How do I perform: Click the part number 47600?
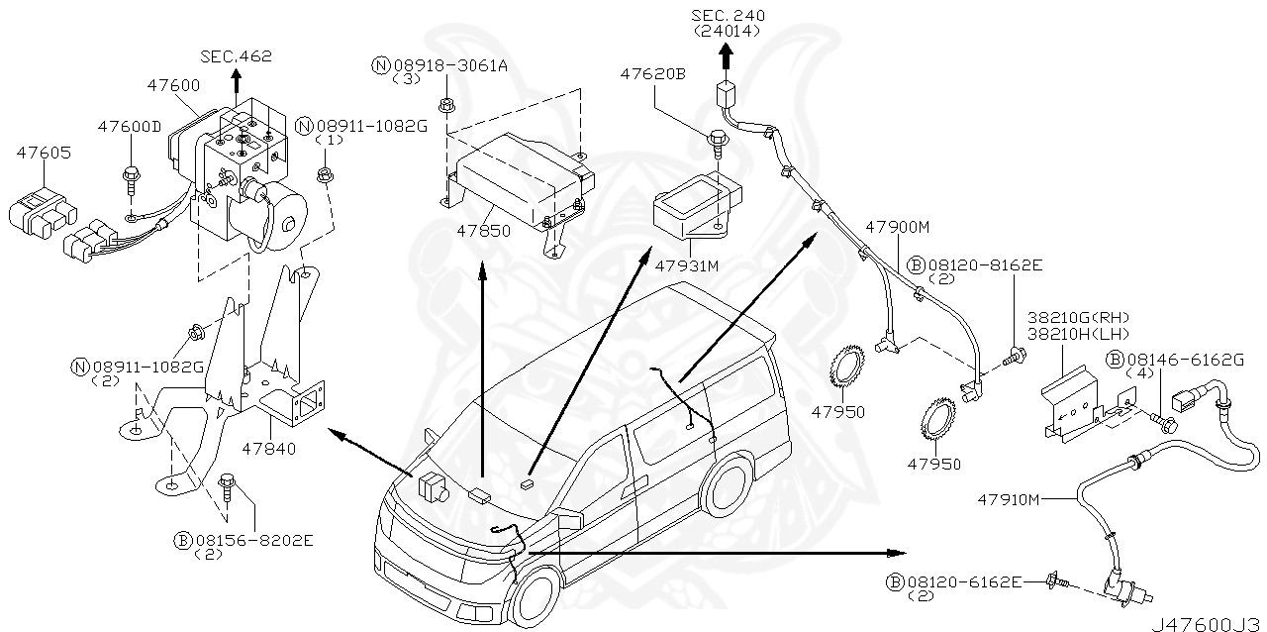[173, 86]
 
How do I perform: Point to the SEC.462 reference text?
[236, 57]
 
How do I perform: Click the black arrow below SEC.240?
[727, 57]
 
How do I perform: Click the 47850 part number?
[483, 231]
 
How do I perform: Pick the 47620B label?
[652, 73]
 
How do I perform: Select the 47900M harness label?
[897, 227]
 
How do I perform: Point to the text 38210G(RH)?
[1077, 317]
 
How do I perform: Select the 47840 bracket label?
[268, 449]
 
